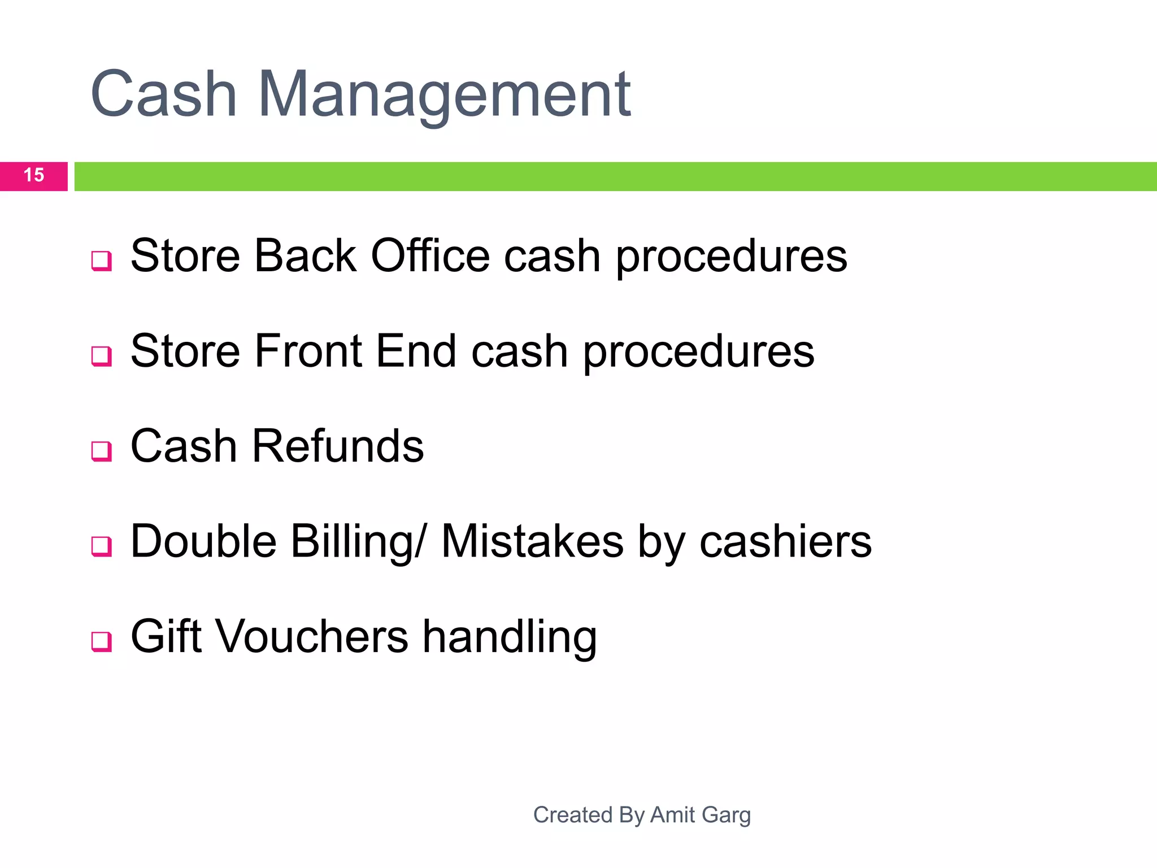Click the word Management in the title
pos(444,95)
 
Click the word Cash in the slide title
pos(163,95)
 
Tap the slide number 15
pos(34,175)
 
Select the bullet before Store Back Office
pos(102,261)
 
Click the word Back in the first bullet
pos(305,256)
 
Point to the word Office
pos(430,256)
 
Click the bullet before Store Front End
pos(102,356)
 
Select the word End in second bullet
pos(416,351)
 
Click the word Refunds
pos(337,446)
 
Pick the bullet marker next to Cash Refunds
pos(102,452)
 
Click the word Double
pos(203,541)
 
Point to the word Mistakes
pos(532,541)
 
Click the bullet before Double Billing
pos(102,546)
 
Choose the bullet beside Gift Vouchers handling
pos(102,641)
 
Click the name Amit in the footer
pos(673,815)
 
